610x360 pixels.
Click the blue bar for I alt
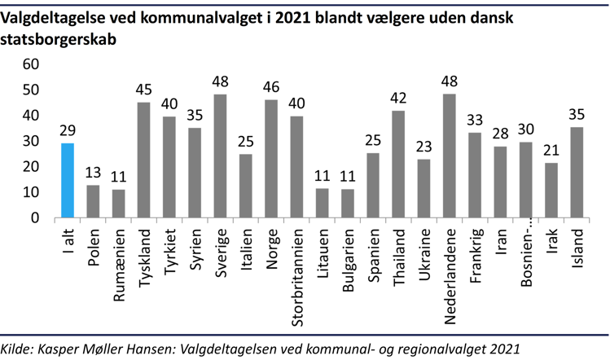coord(68,181)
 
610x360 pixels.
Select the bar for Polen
coord(93,201)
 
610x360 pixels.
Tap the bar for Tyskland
coord(143,160)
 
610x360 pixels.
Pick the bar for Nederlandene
coord(449,156)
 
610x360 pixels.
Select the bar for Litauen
coord(322,204)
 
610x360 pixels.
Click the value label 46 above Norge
coord(271,86)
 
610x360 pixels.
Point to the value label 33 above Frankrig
coord(474,119)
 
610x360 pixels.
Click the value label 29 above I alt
coord(68,130)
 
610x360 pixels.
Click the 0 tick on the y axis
coord(34,218)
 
